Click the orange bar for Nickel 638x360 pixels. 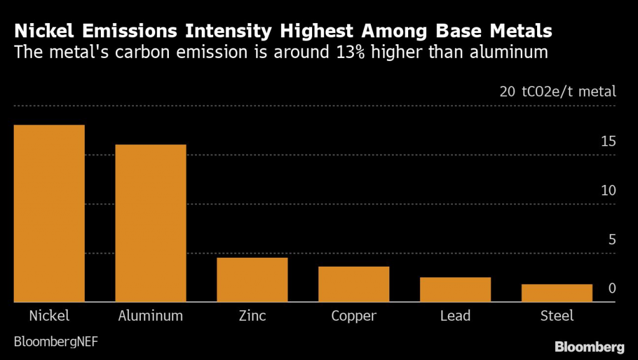pyautogui.click(x=49, y=213)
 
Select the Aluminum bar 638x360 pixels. pyautogui.click(x=151, y=223)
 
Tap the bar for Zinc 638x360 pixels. pyautogui.click(x=252, y=280)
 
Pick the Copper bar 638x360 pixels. pyautogui.click(x=353, y=284)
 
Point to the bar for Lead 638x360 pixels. pyautogui.click(x=455, y=290)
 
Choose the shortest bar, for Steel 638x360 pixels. pyautogui.click(x=556, y=293)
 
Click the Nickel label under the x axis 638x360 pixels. pyautogui.click(x=49, y=315)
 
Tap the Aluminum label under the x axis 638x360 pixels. pyautogui.click(x=151, y=315)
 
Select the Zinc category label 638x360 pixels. pyautogui.click(x=252, y=315)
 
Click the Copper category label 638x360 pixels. pyautogui.click(x=353, y=316)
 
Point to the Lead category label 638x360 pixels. pyautogui.click(x=455, y=315)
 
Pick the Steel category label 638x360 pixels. pyautogui.click(x=556, y=315)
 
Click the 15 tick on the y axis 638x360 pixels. pyautogui.click(x=608, y=141)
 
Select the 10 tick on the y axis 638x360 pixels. pyautogui.click(x=608, y=191)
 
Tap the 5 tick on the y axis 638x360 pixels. pyautogui.click(x=612, y=240)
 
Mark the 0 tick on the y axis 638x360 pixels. pyautogui.click(x=612, y=288)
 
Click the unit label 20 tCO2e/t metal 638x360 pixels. pyautogui.click(x=557, y=92)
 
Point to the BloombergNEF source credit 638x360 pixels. pyautogui.click(x=55, y=341)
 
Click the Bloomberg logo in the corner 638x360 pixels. pyautogui.click(x=589, y=346)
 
